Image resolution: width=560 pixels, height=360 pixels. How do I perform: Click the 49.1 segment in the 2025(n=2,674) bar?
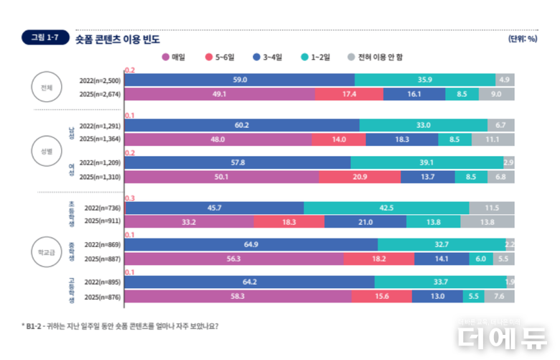coord(220,93)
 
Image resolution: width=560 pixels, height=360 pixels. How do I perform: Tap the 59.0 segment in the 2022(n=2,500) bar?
coord(240,80)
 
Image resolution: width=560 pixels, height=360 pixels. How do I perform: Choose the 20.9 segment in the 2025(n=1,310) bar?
coord(360,177)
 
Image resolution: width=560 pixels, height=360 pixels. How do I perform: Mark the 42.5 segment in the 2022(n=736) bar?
coord(386,208)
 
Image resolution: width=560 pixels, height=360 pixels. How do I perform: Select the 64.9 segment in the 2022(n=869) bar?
coord(251,245)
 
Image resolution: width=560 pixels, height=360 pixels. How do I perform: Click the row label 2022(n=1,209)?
coord(101,163)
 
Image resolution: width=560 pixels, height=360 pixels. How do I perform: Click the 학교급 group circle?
coord(47,251)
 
